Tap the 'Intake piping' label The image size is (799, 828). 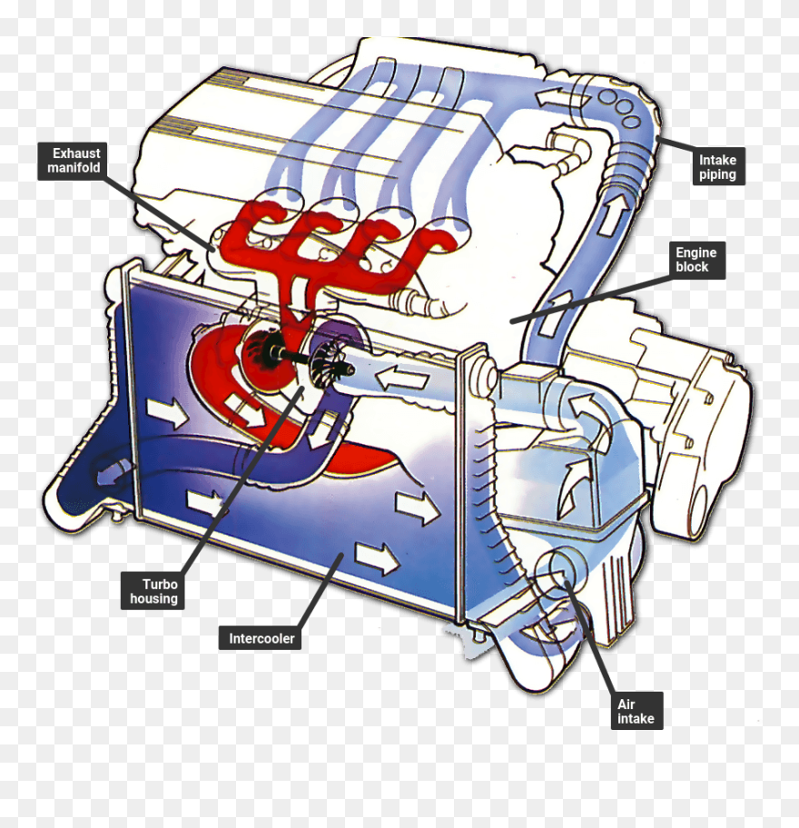pyautogui.click(x=717, y=167)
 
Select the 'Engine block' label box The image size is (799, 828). pyautogui.click(x=695, y=260)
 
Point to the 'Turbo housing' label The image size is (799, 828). pyautogui.click(x=153, y=592)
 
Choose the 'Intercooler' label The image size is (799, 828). pyautogui.click(x=261, y=638)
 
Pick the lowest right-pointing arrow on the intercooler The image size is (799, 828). pyautogui.click(x=377, y=558)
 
